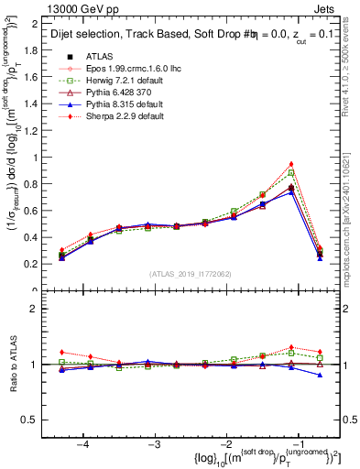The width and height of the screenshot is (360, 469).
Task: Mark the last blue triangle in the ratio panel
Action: click(x=320, y=375)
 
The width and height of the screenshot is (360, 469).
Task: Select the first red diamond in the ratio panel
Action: click(x=61, y=352)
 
